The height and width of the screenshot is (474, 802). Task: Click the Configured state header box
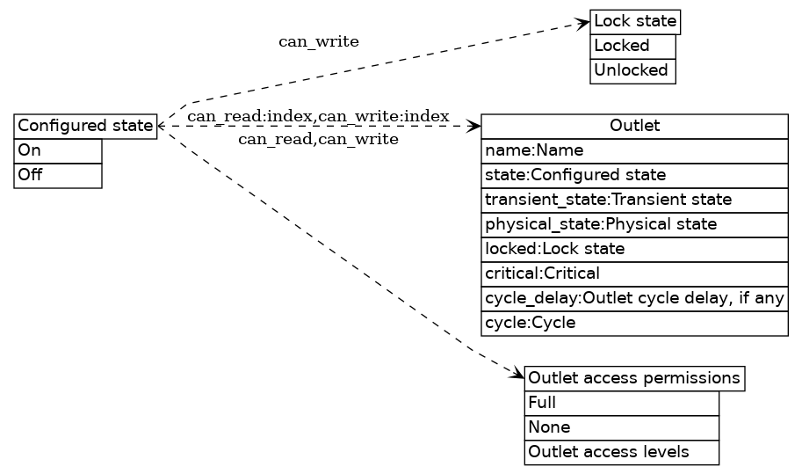[85, 126]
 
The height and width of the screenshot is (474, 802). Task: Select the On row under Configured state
[58, 150]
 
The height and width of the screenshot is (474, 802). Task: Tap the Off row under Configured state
[58, 175]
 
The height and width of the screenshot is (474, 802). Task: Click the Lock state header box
[635, 21]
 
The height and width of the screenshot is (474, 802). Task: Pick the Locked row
[632, 46]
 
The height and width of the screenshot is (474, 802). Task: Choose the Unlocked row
[632, 70]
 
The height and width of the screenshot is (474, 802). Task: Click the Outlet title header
[634, 126]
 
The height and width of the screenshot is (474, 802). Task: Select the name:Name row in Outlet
[634, 150]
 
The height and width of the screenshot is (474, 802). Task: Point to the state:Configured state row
[634, 175]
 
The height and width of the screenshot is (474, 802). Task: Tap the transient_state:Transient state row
[634, 200]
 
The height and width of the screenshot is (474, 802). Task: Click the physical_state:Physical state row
[634, 224]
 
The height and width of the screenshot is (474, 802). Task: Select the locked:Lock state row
[634, 249]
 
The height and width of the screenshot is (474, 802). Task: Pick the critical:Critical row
[634, 273]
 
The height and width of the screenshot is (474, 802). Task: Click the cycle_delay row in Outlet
[634, 298]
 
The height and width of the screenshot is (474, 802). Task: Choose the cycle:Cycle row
[634, 323]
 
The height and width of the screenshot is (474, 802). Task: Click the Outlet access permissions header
[634, 378]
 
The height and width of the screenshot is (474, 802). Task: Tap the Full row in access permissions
[621, 403]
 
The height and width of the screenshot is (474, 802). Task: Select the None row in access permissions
[621, 427]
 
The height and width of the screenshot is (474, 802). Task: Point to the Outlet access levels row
[621, 452]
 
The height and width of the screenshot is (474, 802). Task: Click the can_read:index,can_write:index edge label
[318, 116]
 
